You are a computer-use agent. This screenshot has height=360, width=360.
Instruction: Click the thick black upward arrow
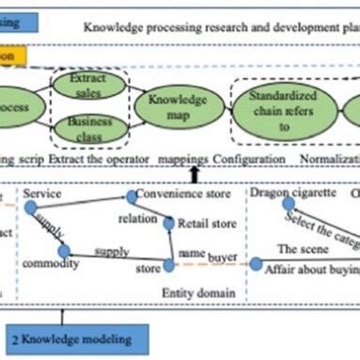click(x=194, y=172)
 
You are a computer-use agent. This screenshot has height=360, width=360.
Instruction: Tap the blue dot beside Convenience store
click(x=133, y=197)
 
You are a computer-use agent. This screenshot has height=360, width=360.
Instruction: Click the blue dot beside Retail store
click(x=168, y=224)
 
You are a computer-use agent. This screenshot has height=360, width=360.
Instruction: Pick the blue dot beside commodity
click(x=64, y=252)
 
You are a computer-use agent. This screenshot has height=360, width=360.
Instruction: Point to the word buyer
click(x=223, y=256)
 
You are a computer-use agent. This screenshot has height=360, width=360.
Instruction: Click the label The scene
click(x=302, y=249)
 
